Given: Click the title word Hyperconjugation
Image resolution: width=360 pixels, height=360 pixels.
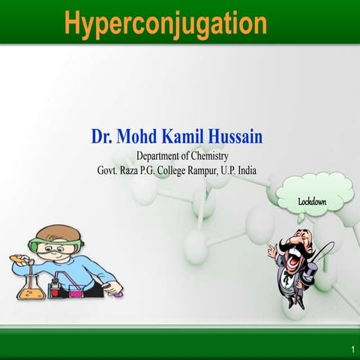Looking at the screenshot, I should [x=165, y=23].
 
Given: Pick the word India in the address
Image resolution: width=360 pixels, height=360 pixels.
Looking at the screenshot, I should [x=244, y=170].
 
